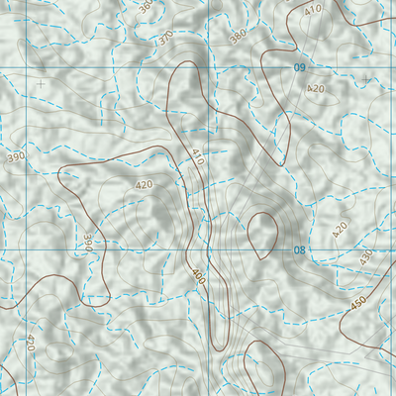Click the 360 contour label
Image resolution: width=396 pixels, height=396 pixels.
point(147,8)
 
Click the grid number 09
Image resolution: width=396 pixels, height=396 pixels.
point(298,67)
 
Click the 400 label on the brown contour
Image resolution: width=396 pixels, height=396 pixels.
point(198,274)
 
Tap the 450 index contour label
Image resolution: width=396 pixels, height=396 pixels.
point(358,306)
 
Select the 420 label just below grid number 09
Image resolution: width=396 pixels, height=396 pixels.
point(316,89)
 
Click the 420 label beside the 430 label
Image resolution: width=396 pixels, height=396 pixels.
point(341,230)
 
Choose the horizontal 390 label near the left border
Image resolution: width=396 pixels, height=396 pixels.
point(16,157)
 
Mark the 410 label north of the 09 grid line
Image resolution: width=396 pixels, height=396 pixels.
point(315,10)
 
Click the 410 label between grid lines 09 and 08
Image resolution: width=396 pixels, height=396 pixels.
point(197,155)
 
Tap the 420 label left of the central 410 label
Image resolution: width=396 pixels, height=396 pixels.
point(145,185)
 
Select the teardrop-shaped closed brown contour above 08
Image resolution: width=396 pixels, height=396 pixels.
point(264,234)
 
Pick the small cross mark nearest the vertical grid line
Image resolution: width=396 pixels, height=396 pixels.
point(41,85)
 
